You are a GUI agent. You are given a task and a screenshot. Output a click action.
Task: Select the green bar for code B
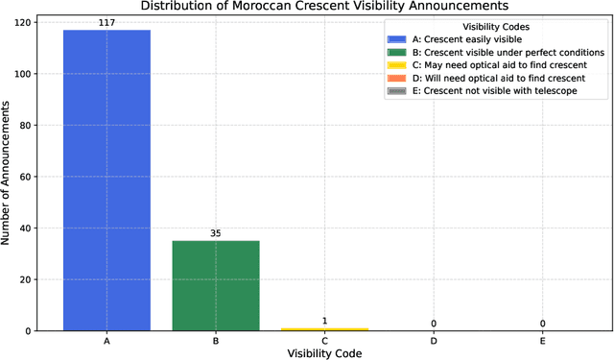tap(215, 285)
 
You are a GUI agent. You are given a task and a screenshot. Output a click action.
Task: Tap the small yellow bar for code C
tap(323, 328)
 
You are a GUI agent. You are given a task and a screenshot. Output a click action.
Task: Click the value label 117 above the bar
tap(106, 22)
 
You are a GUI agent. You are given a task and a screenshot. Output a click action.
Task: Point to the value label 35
tap(215, 232)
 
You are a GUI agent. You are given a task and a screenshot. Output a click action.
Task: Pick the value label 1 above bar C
tap(323, 321)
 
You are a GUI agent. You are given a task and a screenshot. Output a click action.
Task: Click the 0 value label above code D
tap(433, 324)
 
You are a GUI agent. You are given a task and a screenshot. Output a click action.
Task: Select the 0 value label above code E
tap(542, 324)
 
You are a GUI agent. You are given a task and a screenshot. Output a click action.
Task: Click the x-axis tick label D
tap(433, 341)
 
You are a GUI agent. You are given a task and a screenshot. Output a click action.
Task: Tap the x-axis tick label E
tap(542, 341)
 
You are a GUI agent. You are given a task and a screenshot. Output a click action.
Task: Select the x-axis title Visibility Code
tap(323, 353)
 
